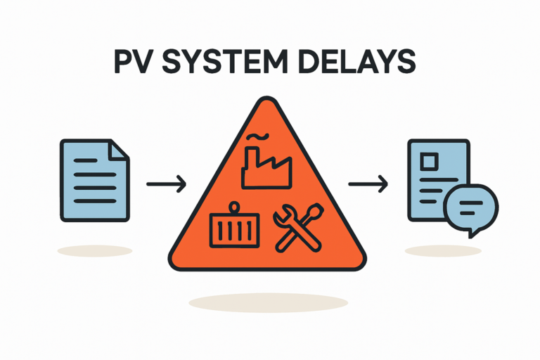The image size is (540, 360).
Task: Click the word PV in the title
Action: click(x=133, y=63)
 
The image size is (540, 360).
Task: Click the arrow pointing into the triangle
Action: click(x=166, y=186)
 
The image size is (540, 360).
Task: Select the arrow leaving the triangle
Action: click(x=368, y=186)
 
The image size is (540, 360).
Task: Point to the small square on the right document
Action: click(x=427, y=162)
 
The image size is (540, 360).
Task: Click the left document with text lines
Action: click(x=94, y=181)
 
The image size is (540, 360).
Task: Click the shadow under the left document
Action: click(x=94, y=250)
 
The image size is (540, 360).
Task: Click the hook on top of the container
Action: click(x=235, y=207)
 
